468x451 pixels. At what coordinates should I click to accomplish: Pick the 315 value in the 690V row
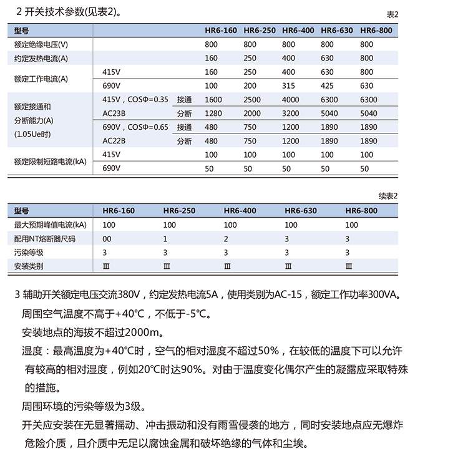pyautogui.click(x=289, y=86)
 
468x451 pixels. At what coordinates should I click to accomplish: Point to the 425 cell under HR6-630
pyautogui.click(x=328, y=86)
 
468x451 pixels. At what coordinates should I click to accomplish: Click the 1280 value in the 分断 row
pyautogui.click(x=213, y=114)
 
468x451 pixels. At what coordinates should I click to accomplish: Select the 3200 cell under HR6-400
pyautogui.click(x=290, y=114)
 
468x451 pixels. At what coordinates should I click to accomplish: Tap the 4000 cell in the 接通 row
pyautogui.click(x=290, y=100)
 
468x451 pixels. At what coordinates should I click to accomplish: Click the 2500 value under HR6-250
pyautogui.click(x=251, y=100)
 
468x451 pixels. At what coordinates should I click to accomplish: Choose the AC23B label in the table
pyautogui.click(x=114, y=114)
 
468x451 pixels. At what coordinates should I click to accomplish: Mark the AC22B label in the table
pyautogui.click(x=114, y=141)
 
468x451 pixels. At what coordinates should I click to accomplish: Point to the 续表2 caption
pyautogui.click(x=388, y=196)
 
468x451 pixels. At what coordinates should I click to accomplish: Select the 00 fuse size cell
pyautogui.click(x=107, y=238)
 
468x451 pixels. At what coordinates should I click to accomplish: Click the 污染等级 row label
pyautogui.click(x=29, y=252)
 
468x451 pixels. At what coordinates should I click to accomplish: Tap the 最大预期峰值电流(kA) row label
pyautogui.click(x=50, y=225)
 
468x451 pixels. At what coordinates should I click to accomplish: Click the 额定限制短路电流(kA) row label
pyautogui.click(x=50, y=162)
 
